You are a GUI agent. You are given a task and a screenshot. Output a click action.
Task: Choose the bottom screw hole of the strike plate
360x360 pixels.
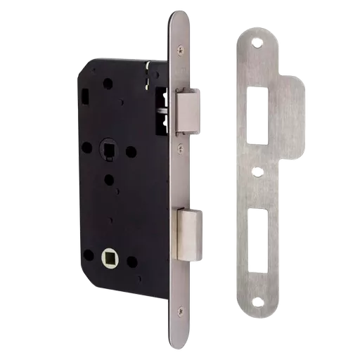click(x=258, y=303)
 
